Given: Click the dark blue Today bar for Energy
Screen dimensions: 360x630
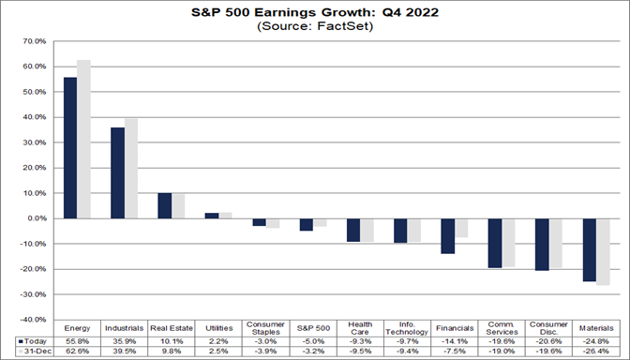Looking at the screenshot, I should click(70, 147).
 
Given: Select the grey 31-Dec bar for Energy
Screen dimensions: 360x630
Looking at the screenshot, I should click(83, 139).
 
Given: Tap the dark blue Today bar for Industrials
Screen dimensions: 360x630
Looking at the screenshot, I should click(117, 172).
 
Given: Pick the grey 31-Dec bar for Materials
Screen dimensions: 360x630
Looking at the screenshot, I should click(604, 251).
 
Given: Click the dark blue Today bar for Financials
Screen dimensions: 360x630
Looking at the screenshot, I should click(448, 235).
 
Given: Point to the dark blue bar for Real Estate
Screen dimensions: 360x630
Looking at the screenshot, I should click(164, 205).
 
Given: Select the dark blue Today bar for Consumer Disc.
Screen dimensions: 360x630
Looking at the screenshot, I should click(543, 244).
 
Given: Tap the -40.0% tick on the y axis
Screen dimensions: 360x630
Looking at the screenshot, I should click(33, 319).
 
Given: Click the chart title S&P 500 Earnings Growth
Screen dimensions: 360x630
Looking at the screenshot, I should click(314, 13).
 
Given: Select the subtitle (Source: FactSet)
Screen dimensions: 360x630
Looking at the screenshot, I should click(314, 27).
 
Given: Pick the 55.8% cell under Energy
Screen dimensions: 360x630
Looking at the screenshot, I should click(77, 341).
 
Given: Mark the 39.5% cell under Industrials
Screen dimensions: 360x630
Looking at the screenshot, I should click(124, 352).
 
